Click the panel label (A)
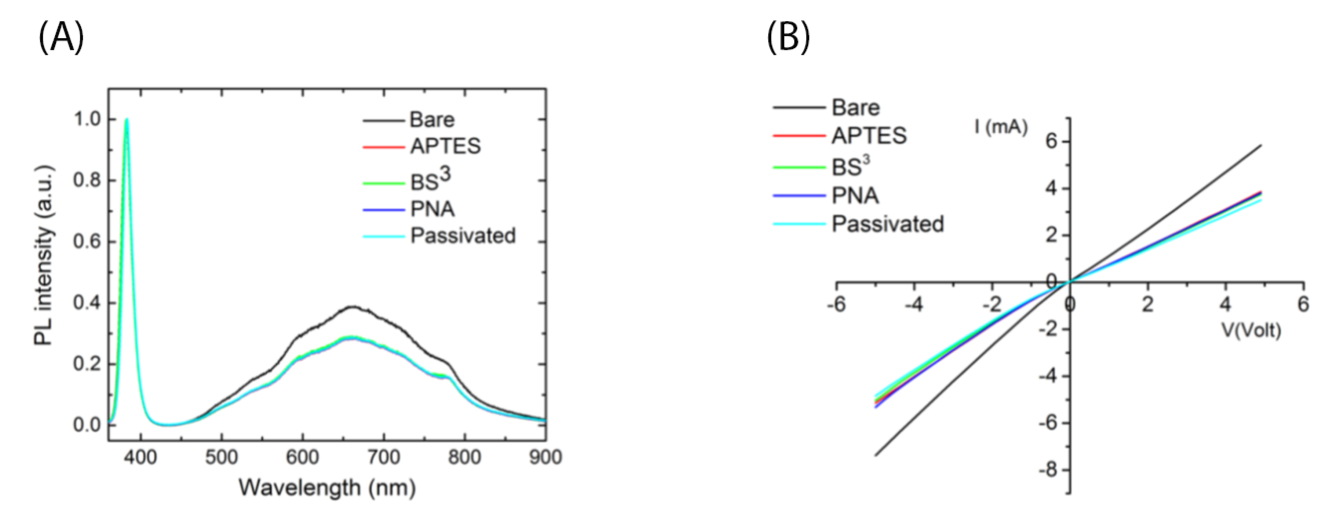click(61, 39)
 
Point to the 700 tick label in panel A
click(383, 457)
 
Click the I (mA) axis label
click(1001, 127)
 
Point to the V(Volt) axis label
click(1251, 330)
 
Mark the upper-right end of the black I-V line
click(1261, 145)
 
